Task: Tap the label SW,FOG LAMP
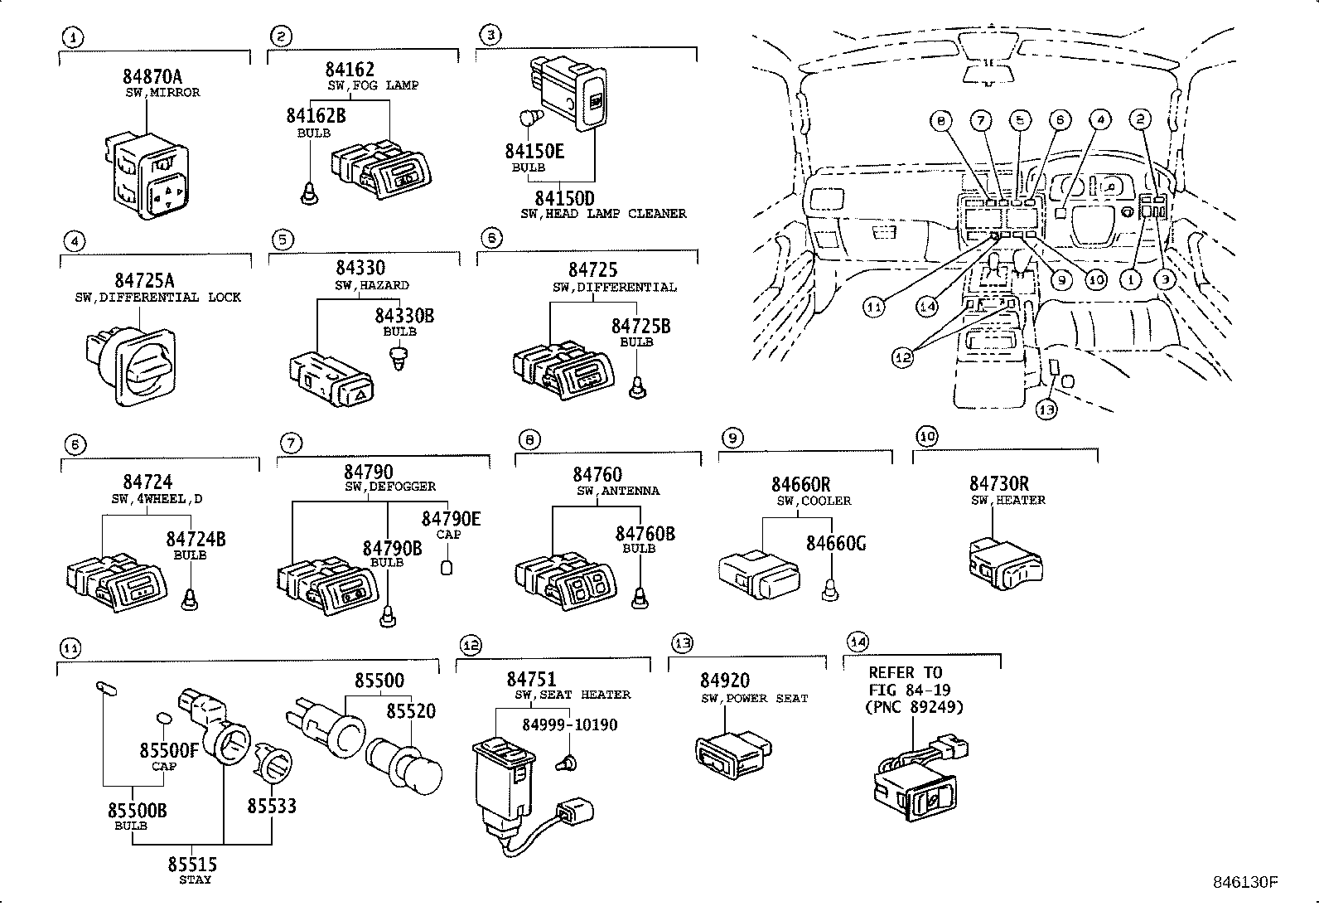(372, 85)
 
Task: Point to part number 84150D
(564, 198)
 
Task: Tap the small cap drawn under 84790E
(447, 567)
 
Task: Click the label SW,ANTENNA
(618, 491)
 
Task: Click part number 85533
(272, 806)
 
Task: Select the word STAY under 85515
(195, 880)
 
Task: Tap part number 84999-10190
(569, 725)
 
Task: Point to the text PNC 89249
(916, 707)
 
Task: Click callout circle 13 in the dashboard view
(1046, 409)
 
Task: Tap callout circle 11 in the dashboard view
(875, 307)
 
